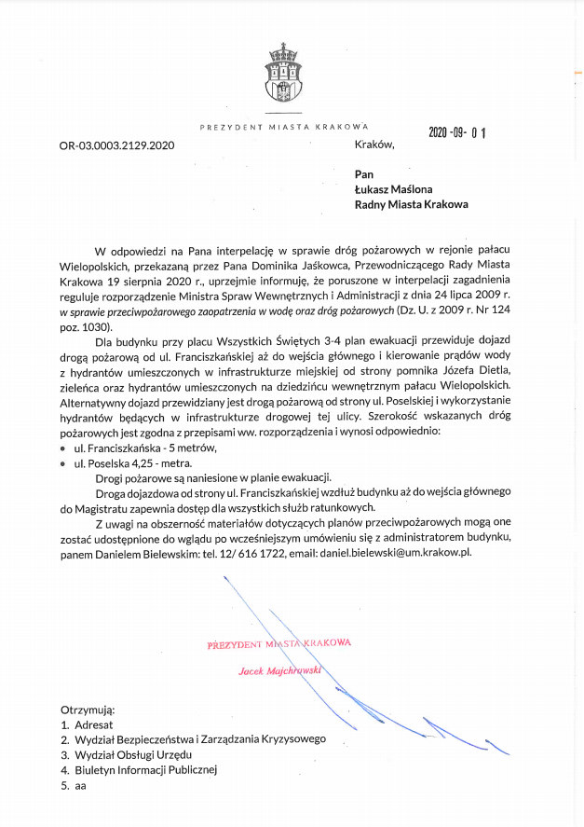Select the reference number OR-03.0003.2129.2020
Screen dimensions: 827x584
pos(116,145)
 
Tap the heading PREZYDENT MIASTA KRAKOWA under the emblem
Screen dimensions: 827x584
pos(284,126)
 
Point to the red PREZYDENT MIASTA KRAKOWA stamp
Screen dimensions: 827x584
pos(279,643)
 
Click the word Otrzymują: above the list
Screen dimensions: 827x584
pos(87,709)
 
